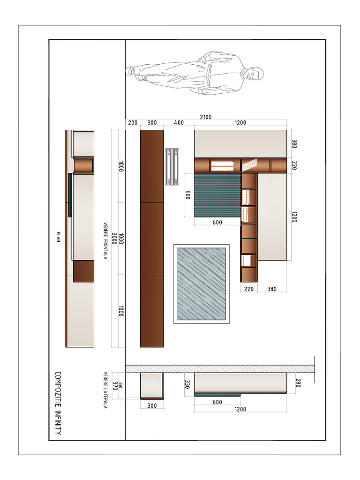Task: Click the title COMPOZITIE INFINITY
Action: pyautogui.click(x=58, y=403)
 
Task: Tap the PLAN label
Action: pyautogui.click(x=58, y=237)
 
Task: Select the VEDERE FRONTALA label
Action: pyautogui.click(x=105, y=241)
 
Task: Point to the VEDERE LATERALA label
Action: pyautogui.click(x=105, y=390)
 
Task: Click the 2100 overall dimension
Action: pyautogui.click(x=206, y=117)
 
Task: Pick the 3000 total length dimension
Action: pyautogui.click(x=114, y=239)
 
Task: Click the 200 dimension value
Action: pyautogui.click(x=133, y=123)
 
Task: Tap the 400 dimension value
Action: pyautogui.click(x=179, y=123)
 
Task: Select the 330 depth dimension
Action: pyautogui.click(x=187, y=384)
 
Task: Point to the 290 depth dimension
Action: pyautogui.click(x=298, y=383)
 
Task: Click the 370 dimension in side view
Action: pyautogui.click(x=115, y=385)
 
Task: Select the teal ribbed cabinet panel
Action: pyautogui.click(x=217, y=195)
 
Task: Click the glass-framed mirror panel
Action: pyautogui.click(x=202, y=284)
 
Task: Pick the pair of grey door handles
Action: pyautogui.click(x=172, y=167)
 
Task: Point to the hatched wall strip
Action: pyautogui.click(x=220, y=368)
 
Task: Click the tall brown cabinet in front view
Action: pyautogui.click(x=152, y=239)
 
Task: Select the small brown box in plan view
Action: pyautogui.click(x=83, y=271)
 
